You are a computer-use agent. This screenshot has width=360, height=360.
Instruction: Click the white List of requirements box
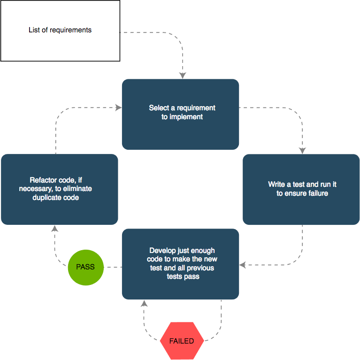point(60,31)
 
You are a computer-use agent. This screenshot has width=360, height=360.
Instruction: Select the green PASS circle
point(85,267)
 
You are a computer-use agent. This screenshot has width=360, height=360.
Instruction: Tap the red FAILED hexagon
point(181,341)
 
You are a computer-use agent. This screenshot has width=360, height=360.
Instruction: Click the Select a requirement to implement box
point(181,114)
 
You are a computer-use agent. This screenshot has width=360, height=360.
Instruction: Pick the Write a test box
point(301,189)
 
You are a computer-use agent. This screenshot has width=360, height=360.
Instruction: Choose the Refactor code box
point(59,189)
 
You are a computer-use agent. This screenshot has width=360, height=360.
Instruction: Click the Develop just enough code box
point(181,264)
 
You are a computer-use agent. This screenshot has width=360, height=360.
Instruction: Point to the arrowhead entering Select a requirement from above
point(183,75)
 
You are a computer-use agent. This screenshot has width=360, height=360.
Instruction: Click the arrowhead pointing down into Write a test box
point(302,150)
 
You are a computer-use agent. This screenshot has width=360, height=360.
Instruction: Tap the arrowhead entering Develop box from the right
point(243,265)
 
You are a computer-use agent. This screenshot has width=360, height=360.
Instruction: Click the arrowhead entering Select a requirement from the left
point(118,107)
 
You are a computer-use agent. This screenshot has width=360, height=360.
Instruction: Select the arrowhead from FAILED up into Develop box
point(144,303)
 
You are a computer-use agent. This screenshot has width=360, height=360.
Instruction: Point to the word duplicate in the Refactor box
point(46,198)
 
